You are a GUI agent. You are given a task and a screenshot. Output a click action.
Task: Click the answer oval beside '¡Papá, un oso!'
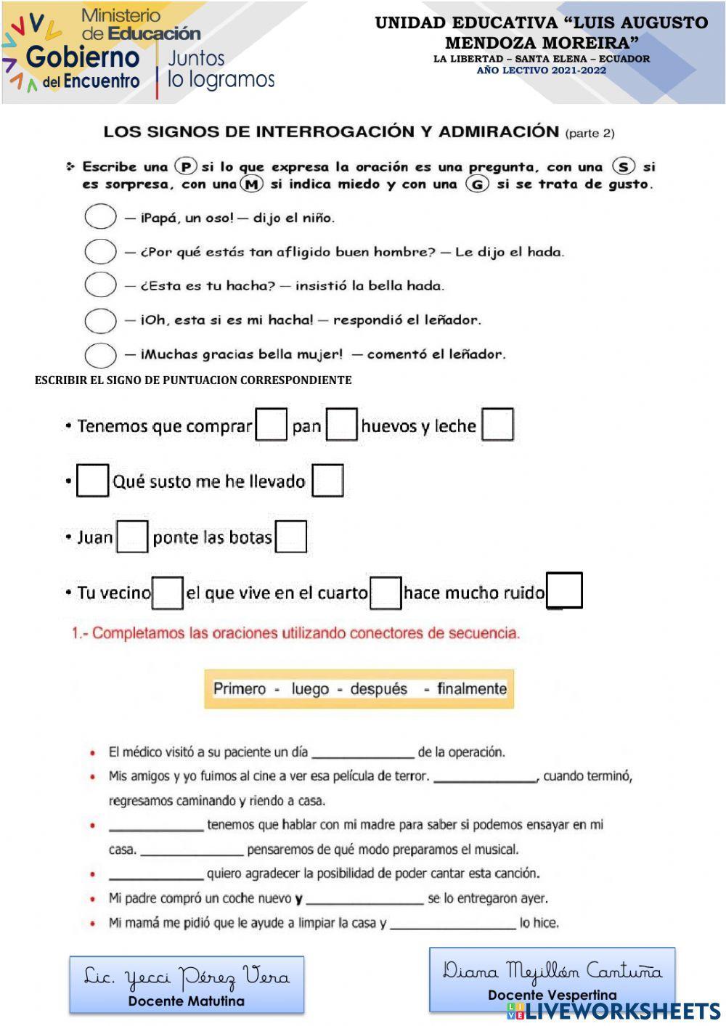(100, 216)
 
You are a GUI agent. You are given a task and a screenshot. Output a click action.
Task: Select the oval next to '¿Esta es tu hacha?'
(100, 285)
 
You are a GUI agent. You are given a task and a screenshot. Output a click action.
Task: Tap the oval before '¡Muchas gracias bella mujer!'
(100, 355)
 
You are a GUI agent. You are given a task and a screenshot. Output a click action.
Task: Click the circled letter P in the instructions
(187, 166)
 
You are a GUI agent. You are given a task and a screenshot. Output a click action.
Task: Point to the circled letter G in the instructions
(477, 184)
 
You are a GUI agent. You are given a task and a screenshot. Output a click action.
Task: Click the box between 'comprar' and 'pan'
(272, 425)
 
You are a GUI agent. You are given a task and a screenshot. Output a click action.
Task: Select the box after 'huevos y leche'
(498, 425)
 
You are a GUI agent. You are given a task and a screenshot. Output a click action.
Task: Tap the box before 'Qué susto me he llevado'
(92, 481)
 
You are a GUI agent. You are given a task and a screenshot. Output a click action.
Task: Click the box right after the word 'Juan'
(132, 537)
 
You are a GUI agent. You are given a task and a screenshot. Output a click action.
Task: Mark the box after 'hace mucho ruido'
(565, 590)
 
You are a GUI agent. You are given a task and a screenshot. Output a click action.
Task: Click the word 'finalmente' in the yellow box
(471, 688)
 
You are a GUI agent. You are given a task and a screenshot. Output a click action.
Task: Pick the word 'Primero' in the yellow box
(239, 688)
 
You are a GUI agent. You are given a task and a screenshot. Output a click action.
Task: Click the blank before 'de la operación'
(362, 753)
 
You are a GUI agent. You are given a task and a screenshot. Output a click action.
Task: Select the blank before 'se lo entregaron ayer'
(364, 900)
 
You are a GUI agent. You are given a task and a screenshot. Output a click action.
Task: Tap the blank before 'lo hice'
(453, 924)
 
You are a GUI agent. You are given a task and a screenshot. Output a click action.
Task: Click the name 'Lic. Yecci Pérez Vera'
(187, 977)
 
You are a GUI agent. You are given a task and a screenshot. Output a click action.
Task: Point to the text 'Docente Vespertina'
(552, 995)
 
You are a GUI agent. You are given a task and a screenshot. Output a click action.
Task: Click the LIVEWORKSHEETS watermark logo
(613, 1011)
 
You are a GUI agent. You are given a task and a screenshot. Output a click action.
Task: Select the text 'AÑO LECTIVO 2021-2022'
(541, 70)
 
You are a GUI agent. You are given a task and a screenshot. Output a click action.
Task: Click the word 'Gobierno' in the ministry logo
(82, 57)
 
